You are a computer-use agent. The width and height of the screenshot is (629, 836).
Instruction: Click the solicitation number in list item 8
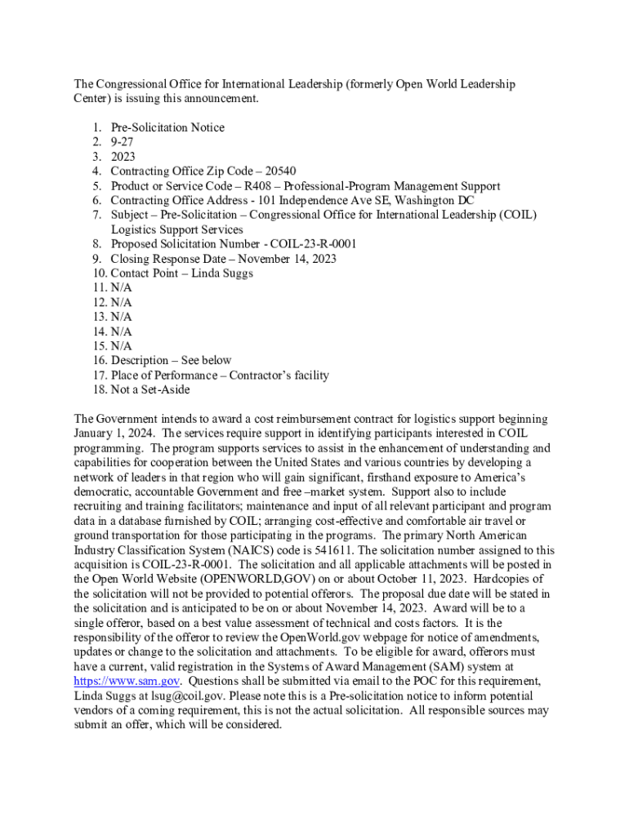coord(302,244)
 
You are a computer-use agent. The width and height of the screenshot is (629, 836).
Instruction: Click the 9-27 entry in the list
coord(123,142)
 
